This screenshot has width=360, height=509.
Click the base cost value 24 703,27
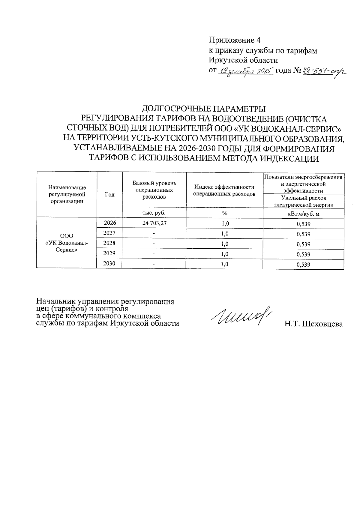[154, 223]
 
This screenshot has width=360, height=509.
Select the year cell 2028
[109, 243]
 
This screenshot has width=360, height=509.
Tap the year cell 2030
[109, 264]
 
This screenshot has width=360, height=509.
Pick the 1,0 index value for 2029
[224, 254]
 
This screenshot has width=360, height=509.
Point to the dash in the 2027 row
[154, 233]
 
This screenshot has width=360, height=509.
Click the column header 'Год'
[109, 195]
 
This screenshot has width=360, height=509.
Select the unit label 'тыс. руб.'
[154, 213]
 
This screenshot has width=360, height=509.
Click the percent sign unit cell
[224, 213]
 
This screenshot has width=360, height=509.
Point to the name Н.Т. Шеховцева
[314, 324]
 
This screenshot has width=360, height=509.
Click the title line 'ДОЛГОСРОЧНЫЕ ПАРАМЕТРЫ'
[204, 108]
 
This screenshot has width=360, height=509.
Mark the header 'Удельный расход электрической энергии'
[303, 201]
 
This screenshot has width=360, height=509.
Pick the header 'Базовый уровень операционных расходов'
[154, 190]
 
